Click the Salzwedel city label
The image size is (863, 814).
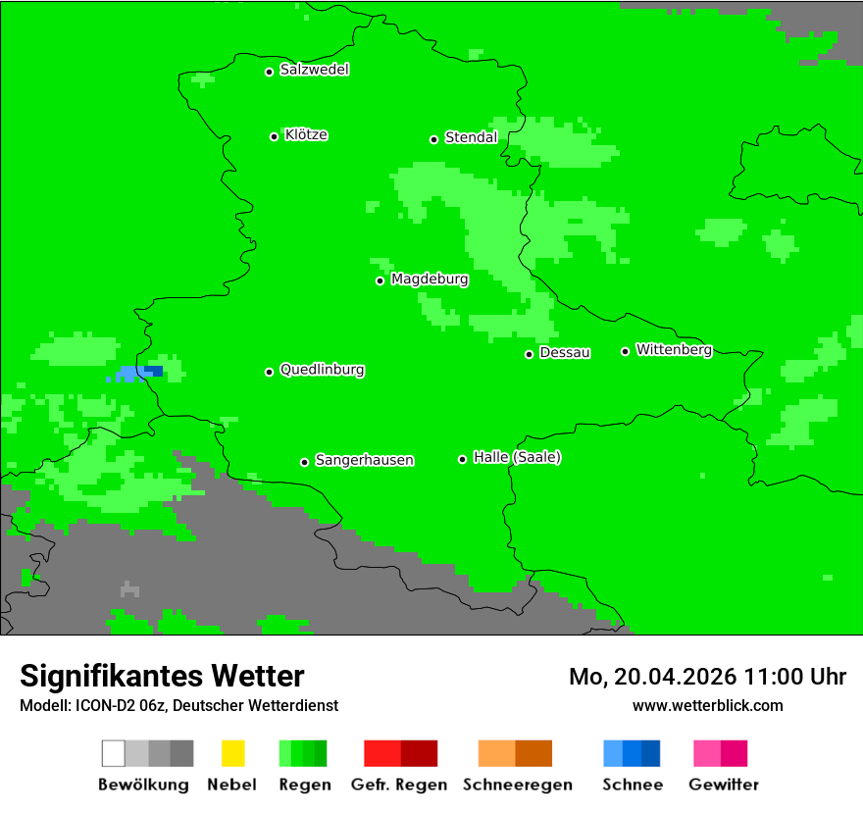click(x=314, y=70)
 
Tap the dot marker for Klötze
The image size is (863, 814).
click(x=274, y=136)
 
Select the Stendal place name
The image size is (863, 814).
click(x=471, y=137)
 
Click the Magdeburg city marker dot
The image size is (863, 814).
click(x=380, y=280)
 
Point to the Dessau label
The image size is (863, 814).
click(x=565, y=352)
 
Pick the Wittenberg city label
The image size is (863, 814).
click(x=674, y=349)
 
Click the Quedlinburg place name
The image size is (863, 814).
click(x=322, y=370)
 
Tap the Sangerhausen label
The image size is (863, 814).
click(x=364, y=460)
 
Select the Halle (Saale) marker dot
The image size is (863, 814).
click(x=462, y=459)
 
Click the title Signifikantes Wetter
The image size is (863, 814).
click(x=162, y=676)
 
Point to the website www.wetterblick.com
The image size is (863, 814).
click(x=707, y=705)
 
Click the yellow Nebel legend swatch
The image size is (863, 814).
click(x=232, y=753)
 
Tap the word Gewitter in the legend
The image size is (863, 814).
click(x=724, y=785)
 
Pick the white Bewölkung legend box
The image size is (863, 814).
click(x=114, y=753)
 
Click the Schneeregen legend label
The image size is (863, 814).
click(x=517, y=785)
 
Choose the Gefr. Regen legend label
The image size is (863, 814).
click(x=399, y=785)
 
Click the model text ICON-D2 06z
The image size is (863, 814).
click(x=119, y=706)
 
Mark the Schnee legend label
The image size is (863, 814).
click(x=633, y=785)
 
